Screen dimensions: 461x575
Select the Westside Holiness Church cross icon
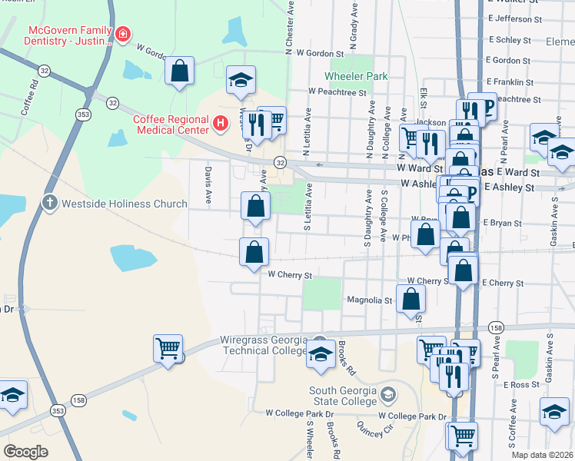[50, 204]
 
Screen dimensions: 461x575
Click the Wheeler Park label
[356, 77]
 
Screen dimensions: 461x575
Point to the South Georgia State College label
[343, 396]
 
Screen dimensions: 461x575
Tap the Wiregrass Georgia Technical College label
[264, 345]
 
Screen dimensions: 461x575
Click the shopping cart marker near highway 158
[168, 348]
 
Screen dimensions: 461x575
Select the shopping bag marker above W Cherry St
[254, 251]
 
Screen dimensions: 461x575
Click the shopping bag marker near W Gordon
[178, 71]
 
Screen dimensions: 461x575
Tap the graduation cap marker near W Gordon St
[241, 80]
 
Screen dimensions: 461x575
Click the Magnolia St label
[370, 300]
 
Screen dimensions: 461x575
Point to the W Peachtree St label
[337, 91]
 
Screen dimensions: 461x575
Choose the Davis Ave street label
[208, 184]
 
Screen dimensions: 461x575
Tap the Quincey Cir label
[370, 428]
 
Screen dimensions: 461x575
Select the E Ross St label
[520, 384]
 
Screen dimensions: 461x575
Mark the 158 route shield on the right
[496, 328]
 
